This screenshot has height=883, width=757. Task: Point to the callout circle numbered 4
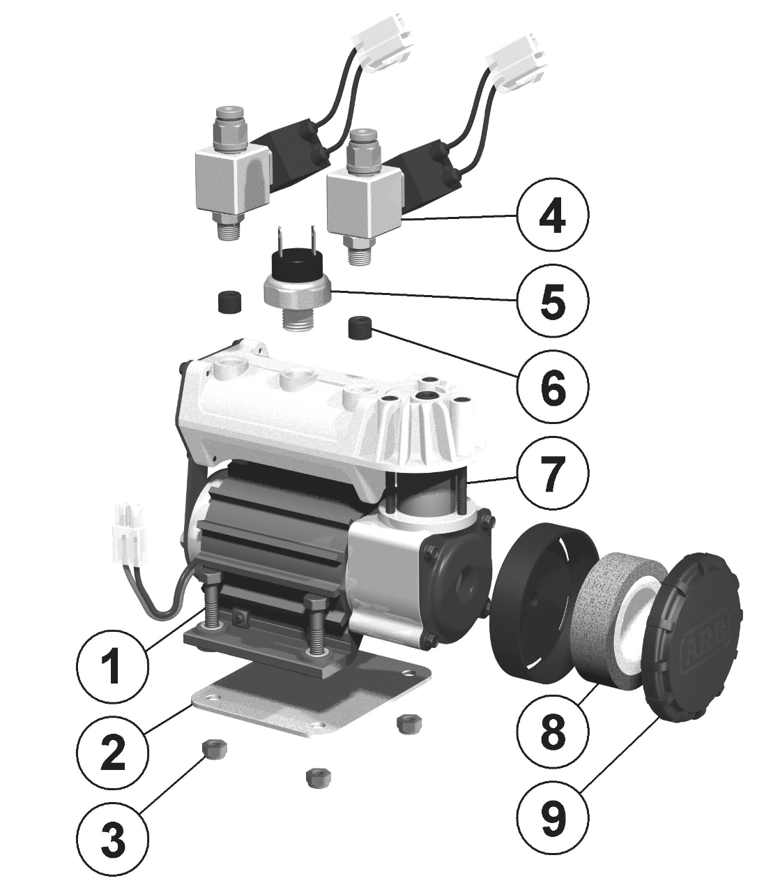[x=553, y=216]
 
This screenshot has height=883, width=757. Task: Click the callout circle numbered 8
[x=553, y=731]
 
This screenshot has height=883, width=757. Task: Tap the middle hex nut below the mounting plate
[x=317, y=776]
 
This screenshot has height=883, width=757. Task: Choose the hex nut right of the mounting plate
[x=404, y=724]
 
